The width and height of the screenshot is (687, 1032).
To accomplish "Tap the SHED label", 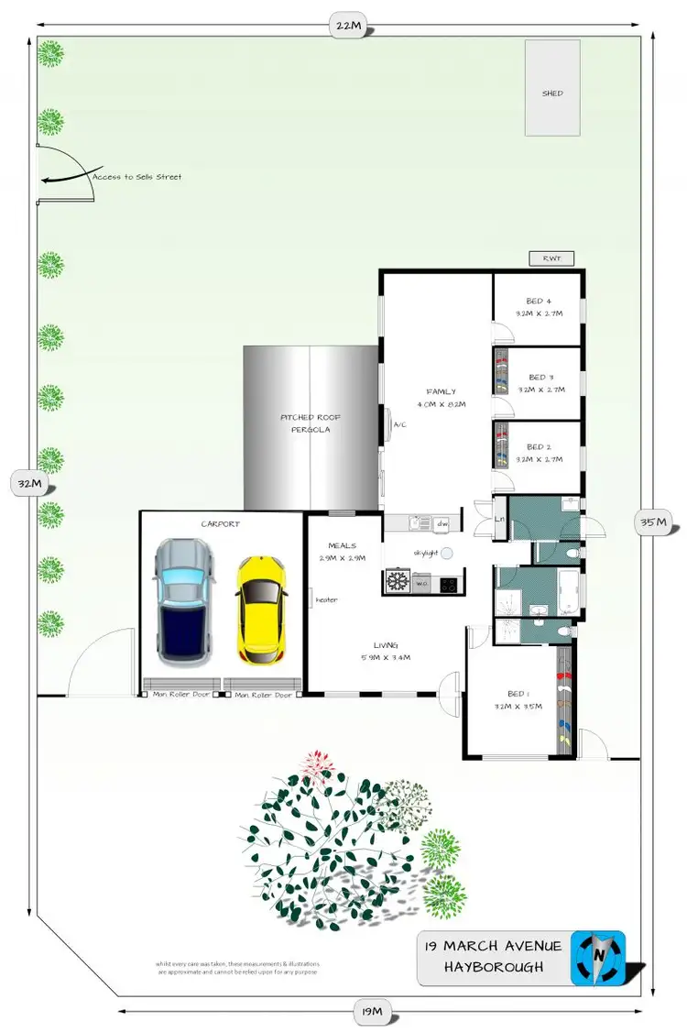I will click(x=552, y=93).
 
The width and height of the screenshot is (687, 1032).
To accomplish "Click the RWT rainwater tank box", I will click(x=551, y=259).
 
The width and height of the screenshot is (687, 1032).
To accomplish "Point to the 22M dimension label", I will click(x=348, y=27).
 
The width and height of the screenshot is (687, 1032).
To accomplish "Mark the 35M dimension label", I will click(x=654, y=523).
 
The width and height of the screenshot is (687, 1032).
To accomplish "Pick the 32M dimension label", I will click(x=26, y=482).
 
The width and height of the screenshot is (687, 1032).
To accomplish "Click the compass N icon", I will click(x=598, y=958).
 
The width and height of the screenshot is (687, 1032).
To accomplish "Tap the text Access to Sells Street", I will click(x=136, y=177).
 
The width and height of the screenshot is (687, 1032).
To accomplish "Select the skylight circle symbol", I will click(x=447, y=554).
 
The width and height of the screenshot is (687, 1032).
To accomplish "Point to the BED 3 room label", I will click(x=541, y=377).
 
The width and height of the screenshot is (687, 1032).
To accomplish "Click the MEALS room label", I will click(x=341, y=546).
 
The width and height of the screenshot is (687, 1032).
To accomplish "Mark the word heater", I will click(x=327, y=600).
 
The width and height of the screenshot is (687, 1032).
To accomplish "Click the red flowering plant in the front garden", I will click(x=316, y=763).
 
